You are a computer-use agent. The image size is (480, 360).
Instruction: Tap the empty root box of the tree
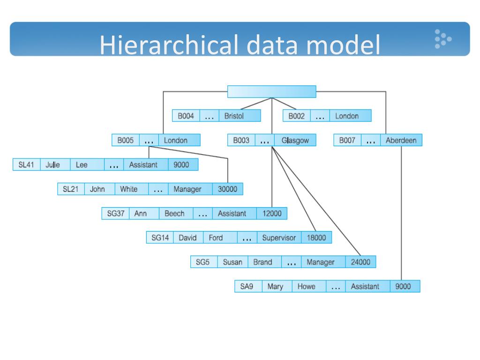tap(271, 91)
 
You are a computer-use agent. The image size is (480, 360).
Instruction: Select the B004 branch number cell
tap(186, 116)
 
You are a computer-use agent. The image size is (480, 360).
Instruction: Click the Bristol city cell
tap(234, 116)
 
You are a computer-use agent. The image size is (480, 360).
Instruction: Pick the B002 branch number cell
tap(296, 116)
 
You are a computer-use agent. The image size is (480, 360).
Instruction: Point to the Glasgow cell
tap(295, 140)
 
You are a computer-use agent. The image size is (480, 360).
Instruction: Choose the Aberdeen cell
tap(401, 140)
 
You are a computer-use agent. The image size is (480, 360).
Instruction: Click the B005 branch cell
tap(125, 140)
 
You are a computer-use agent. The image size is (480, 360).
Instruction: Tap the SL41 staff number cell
tap(26, 165)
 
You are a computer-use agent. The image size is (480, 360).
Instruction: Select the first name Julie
tap(53, 165)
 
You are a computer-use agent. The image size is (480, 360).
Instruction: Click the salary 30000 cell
tap(227, 189)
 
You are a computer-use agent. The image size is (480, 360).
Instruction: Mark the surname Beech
tap(174, 213)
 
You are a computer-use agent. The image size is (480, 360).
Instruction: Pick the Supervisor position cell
tap(279, 238)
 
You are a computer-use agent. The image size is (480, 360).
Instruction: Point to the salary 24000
tap(360, 262)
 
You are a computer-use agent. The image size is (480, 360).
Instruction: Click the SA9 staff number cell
tap(247, 286)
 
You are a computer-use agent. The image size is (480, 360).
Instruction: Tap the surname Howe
tap(307, 286)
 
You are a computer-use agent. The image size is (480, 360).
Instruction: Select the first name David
tap(187, 238)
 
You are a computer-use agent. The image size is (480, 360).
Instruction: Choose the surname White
tap(129, 189)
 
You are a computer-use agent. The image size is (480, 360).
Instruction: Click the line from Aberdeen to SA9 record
tap(401, 211)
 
